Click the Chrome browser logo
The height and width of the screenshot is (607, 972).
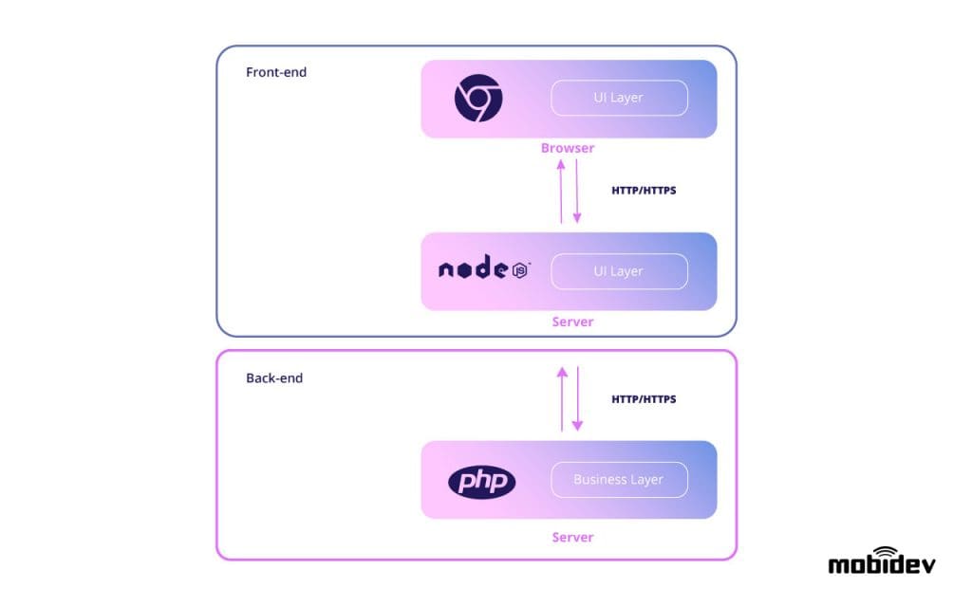tap(478, 99)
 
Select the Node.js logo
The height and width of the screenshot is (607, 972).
tap(484, 270)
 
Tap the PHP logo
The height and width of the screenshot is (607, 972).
tap(481, 482)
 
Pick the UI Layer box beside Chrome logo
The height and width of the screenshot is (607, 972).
tap(619, 98)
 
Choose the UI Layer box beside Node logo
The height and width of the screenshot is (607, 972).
tap(619, 271)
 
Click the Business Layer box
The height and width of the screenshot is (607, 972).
tap(619, 479)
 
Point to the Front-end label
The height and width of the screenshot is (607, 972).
tap(276, 72)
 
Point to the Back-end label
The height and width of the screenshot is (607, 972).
tap(274, 377)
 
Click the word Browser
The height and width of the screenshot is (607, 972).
tap(568, 148)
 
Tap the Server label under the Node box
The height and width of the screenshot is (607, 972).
tap(572, 322)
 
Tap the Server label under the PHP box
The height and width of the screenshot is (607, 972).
tap(572, 537)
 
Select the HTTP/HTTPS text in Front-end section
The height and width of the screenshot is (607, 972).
tap(644, 190)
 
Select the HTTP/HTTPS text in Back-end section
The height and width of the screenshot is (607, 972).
tap(644, 399)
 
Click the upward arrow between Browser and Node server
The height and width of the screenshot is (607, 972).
tap(561, 191)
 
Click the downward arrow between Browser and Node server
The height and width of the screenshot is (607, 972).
tap(576, 191)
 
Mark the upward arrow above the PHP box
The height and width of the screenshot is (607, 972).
tap(562, 398)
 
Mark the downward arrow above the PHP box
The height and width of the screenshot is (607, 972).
tap(576, 398)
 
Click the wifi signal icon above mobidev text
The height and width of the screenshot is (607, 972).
tap(885, 551)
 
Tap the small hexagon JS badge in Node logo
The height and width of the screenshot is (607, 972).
tap(520, 271)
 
